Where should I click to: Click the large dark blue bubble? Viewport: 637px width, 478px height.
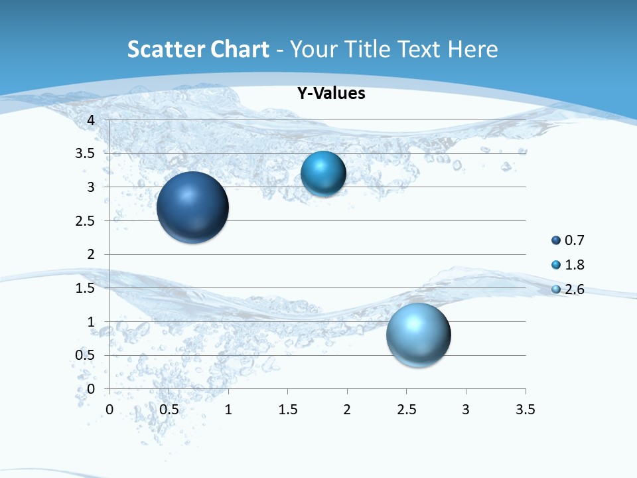[x=192, y=207]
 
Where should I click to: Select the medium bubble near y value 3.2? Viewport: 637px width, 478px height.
[x=323, y=174]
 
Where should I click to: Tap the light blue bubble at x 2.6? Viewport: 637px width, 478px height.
[x=418, y=335]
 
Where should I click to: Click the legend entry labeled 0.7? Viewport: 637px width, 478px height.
[x=567, y=240]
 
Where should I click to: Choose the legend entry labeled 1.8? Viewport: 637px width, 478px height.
[x=567, y=265]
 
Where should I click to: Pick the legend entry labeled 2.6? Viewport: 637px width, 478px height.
[x=567, y=289]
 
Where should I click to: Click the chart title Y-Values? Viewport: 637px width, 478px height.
[x=330, y=94]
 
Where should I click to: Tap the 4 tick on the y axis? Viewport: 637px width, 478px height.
[x=90, y=120]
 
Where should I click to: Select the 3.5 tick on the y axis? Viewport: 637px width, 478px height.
[x=86, y=153]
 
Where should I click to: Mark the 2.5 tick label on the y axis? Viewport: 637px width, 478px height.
[x=86, y=221]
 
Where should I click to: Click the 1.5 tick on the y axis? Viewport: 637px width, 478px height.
[x=86, y=288]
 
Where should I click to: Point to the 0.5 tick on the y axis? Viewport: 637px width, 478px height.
[x=86, y=355]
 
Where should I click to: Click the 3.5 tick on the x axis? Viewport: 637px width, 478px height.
[x=525, y=410]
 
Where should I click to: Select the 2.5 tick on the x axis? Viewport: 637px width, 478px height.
[x=406, y=410]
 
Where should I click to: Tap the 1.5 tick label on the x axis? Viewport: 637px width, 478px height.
[x=287, y=410]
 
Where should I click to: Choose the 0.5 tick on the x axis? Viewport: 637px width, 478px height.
[x=169, y=410]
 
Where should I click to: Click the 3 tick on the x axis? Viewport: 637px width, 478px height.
[x=466, y=410]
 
